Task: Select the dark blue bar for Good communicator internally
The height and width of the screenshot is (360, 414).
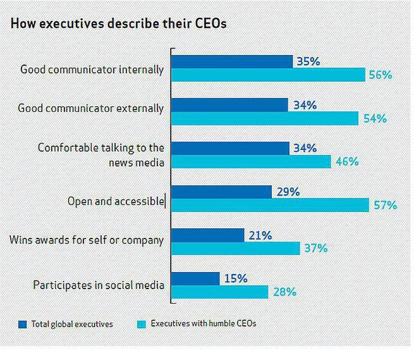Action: click(x=232, y=61)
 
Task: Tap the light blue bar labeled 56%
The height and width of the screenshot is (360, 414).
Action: click(x=268, y=75)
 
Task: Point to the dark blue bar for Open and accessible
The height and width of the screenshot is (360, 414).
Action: click(x=221, y=192)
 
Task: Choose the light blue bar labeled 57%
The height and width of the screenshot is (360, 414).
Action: click(x=270, y=205)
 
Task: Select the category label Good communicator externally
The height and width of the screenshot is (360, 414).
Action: click(x=90, y=108)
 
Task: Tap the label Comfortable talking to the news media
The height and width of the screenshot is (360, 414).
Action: click(x=100, y=155)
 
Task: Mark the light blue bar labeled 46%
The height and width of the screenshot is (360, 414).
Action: click(x=251, y=162)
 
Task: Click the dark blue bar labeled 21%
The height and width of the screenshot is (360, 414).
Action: click(x=208, y=235)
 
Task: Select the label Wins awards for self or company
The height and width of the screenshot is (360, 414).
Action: click(x=87, y=240)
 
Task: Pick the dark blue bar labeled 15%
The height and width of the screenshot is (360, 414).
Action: click(x=195, y=278)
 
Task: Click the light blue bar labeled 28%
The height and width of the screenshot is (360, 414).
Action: click(x=220, y=292)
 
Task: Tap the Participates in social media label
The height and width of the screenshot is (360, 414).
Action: click(x=99, y=285)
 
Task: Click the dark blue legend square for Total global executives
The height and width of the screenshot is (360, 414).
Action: click(x=23, y=325)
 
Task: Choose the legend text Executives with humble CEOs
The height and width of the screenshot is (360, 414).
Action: click(x=202, y=324)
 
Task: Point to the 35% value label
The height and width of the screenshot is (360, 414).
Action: click(x=307, y=61)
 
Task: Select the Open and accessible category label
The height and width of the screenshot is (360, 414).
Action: click(x=116, y=201)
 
